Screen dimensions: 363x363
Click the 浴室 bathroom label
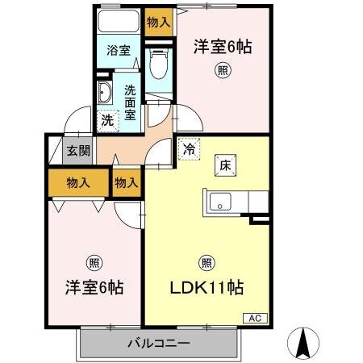tap(119, 50)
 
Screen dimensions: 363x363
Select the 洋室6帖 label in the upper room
tap(222, 47)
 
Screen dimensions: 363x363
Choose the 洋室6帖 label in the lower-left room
tap(94, 286)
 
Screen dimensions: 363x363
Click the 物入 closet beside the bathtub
tap(158, 22)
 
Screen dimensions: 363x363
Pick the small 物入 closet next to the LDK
tap(126, 183)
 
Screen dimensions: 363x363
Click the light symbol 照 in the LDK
tap(207, 262)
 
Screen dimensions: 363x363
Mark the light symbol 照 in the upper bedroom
tap(221, 71)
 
